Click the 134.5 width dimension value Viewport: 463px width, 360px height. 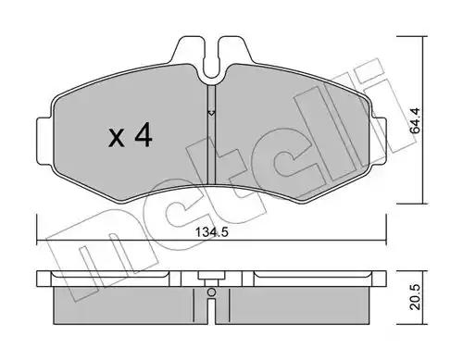coord(212,231)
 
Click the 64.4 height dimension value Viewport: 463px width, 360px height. coord(414,120)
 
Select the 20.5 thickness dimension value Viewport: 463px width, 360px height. coord(416,297)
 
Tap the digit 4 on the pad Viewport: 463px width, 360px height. coord(143,134)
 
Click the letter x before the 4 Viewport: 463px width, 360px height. coord(117,138)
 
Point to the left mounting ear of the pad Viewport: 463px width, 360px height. coord(44,141)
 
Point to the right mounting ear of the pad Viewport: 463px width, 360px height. coord(379,141)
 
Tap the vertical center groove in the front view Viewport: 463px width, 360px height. coord(211,136)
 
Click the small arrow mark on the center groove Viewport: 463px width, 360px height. coord(211,113)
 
